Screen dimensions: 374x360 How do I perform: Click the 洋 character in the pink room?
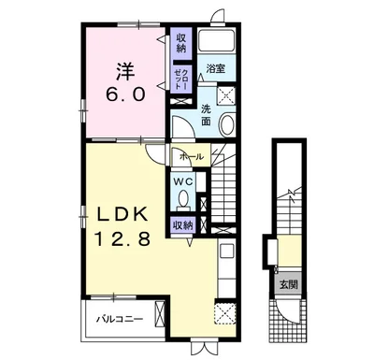click(126, 72)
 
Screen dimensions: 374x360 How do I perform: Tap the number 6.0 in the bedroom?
click(126, 94)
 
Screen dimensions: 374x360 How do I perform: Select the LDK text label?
click(122, 215)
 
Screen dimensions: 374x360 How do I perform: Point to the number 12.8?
click(122, 238)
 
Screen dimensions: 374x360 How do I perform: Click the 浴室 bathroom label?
click(216, 68)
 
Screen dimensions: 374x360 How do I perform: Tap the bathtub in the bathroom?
click(217, 40)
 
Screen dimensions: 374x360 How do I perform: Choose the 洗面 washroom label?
click(206, 115)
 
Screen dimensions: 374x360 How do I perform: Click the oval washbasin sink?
click(227, 125)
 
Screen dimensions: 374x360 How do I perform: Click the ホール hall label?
click(191, 157)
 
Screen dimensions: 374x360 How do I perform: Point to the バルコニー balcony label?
click(120, 319)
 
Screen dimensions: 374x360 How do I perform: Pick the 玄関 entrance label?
click(288, 284)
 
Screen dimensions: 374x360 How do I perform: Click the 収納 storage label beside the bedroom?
click(181, 43)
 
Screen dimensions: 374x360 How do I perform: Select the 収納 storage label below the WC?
click(183, 224)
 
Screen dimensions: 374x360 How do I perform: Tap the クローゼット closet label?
click(181, 79)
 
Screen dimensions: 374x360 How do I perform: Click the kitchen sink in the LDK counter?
click(226, 251)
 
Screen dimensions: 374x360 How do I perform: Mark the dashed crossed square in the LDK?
click(225, 313)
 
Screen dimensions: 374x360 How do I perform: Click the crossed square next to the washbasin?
click(226, 94)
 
